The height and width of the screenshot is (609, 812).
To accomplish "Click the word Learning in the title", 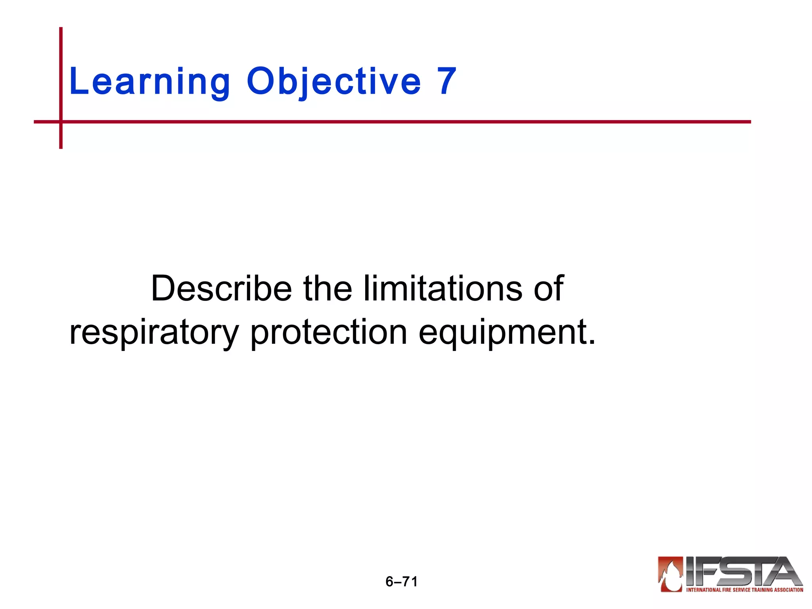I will pos(149,81).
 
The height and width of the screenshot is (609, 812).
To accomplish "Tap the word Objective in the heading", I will pos(333,81).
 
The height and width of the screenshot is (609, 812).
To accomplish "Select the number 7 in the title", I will pos(447,81).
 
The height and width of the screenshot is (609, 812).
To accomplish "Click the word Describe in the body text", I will pos(221,288).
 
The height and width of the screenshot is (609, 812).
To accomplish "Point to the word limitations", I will pos(443,288).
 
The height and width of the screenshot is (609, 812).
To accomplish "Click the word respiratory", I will pos(154,332).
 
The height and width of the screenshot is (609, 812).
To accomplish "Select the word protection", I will pos(329,332).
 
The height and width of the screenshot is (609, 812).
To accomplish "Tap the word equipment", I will pos(503,332).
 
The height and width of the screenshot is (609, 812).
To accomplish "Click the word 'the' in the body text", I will pos(327,288).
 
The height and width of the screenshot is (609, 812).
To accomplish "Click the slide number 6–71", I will pos(402,582).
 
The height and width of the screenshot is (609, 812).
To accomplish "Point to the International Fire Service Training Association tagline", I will pos(745,590).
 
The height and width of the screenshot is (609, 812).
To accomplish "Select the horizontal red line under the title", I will pos(396,122).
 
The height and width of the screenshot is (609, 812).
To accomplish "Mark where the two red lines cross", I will pos(61,122).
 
